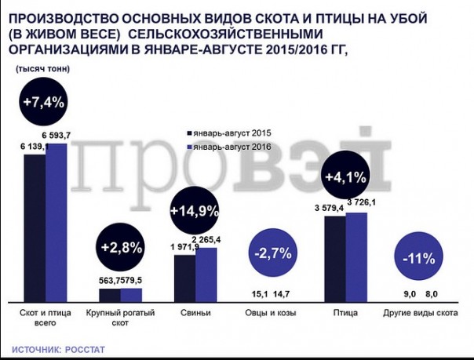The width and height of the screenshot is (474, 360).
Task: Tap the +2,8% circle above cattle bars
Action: coord(122,247)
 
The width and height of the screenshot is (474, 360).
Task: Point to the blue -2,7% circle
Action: coord(272,253)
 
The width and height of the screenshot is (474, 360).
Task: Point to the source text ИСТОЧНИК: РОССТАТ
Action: coord(58,348)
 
